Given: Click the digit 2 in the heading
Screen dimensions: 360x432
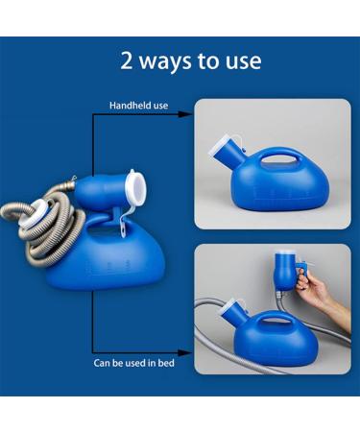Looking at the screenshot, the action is [126, 60].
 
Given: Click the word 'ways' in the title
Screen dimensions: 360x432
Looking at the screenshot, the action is [165, 62].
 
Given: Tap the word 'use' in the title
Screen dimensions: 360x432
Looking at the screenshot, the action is [244, 61].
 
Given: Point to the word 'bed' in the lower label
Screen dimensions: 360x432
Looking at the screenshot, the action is [166, 363].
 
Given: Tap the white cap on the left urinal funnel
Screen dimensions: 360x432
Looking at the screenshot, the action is [136, 188].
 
